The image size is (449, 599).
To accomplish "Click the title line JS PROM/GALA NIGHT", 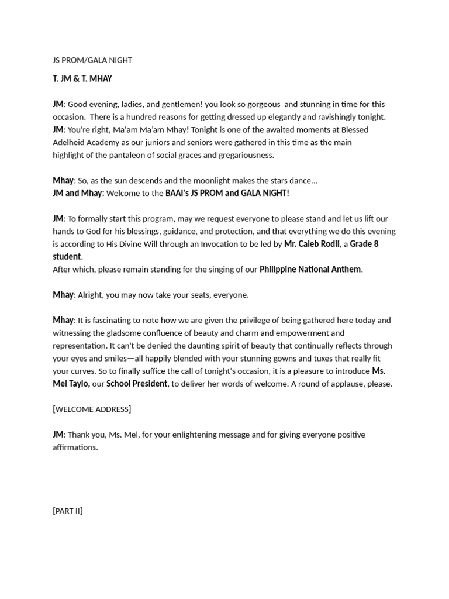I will tap(92, 60).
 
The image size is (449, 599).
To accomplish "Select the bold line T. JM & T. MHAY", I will tap(82, 78).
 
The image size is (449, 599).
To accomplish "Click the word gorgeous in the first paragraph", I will tap(261, 104).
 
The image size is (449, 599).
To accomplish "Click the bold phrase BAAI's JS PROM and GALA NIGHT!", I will tap(227, 193).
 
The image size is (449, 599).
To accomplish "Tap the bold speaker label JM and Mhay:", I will tap(78, 193).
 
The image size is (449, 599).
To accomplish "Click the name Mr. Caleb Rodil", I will tap(312, 244).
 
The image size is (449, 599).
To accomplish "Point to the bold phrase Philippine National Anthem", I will tap(310, 270).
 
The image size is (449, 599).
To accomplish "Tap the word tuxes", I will tap(308, 359).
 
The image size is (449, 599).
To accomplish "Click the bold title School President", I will tap(137, 384).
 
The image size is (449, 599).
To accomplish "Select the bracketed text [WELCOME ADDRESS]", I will tap(92, 409).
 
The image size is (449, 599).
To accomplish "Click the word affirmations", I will tap(75, 447).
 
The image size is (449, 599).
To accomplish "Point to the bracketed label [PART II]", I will tap(68, 511).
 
